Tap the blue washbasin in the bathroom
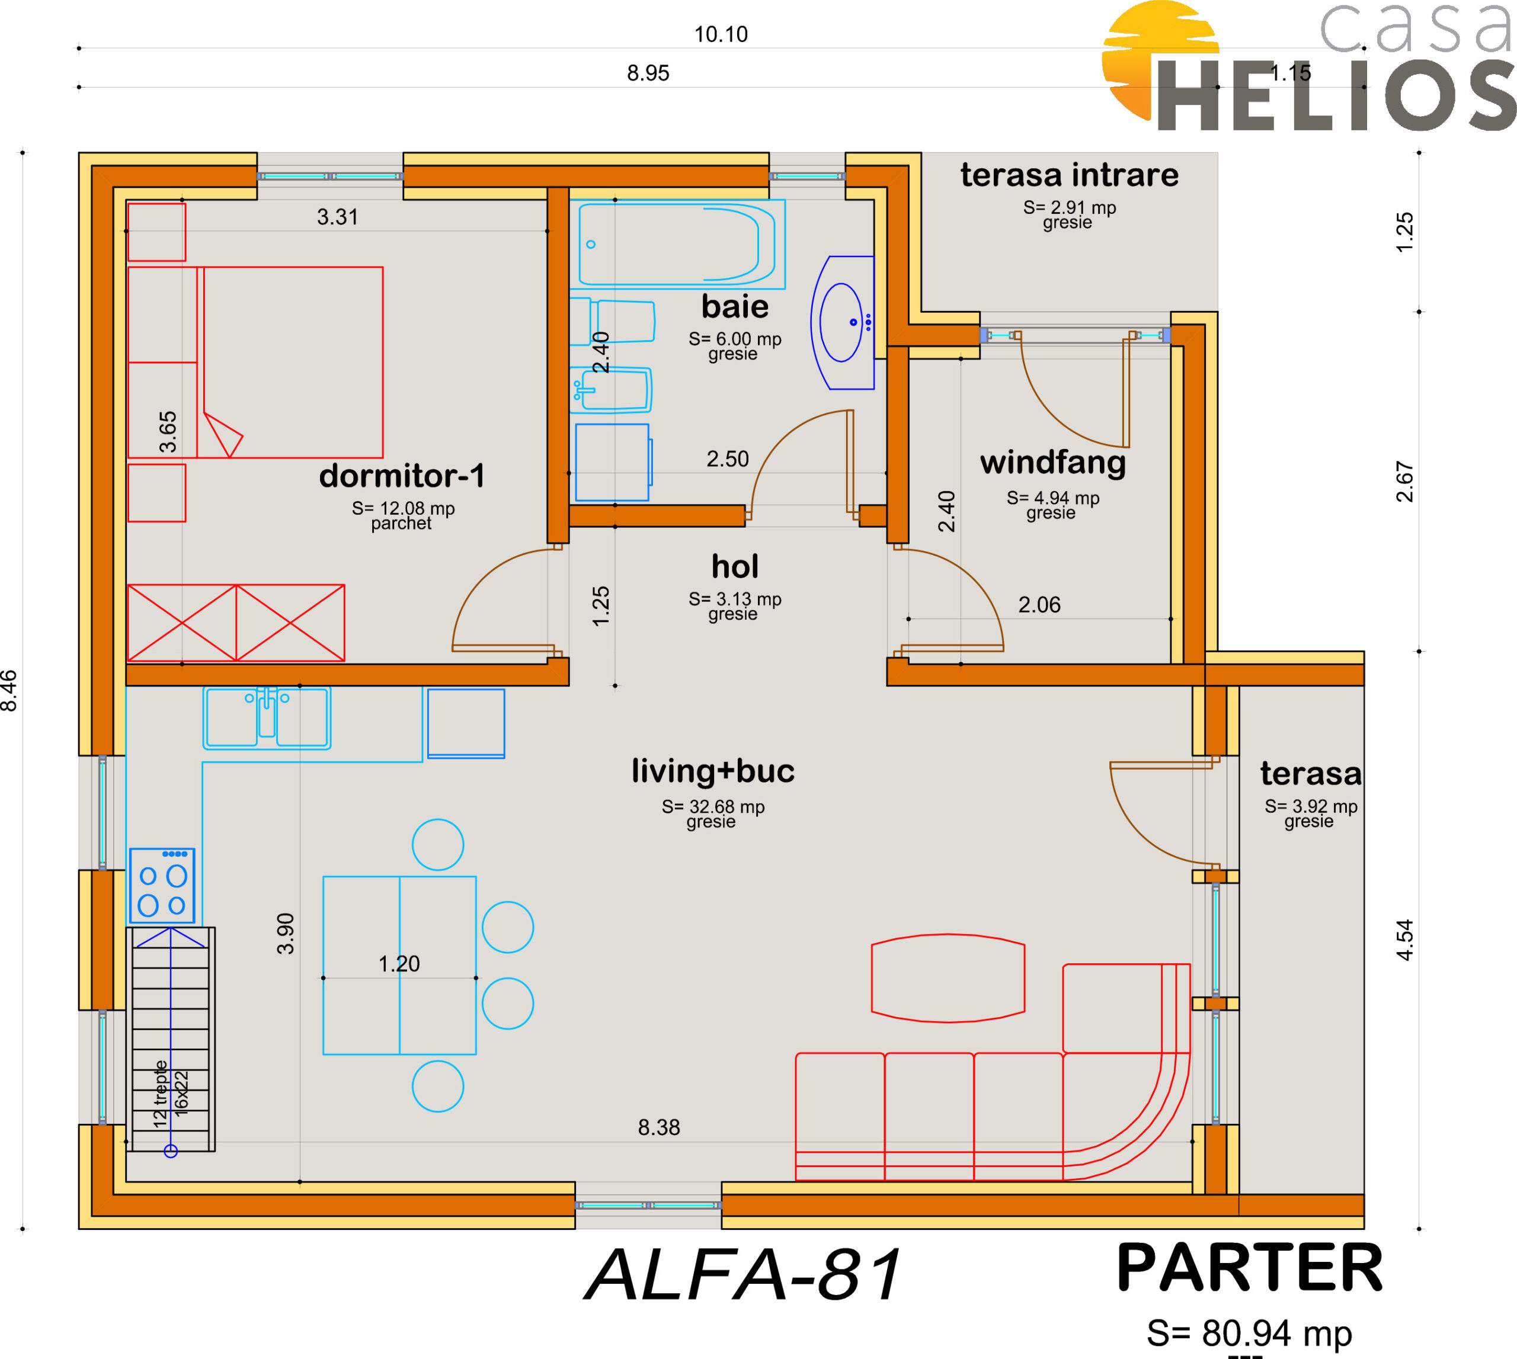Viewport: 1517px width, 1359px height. (843, 323)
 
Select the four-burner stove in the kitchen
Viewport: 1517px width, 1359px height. (162, 886)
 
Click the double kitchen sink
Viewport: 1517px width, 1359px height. (267, 717)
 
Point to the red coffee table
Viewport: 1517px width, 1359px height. (948, 977)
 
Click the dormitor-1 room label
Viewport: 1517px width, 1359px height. (402, 476)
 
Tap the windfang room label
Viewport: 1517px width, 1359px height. (1053, 463)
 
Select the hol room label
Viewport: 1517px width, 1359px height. (735, 567)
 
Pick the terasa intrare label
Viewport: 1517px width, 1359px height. (1070, 175)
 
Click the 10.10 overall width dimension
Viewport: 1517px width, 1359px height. (721, 34)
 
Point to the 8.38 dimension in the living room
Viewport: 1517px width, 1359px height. (659, 1127)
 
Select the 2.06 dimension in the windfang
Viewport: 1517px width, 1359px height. (1039, 605)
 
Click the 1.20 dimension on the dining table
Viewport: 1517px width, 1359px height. (399, 964)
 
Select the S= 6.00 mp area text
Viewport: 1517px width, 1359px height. (735, 339)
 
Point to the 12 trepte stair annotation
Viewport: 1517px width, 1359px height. (160, 1094)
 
